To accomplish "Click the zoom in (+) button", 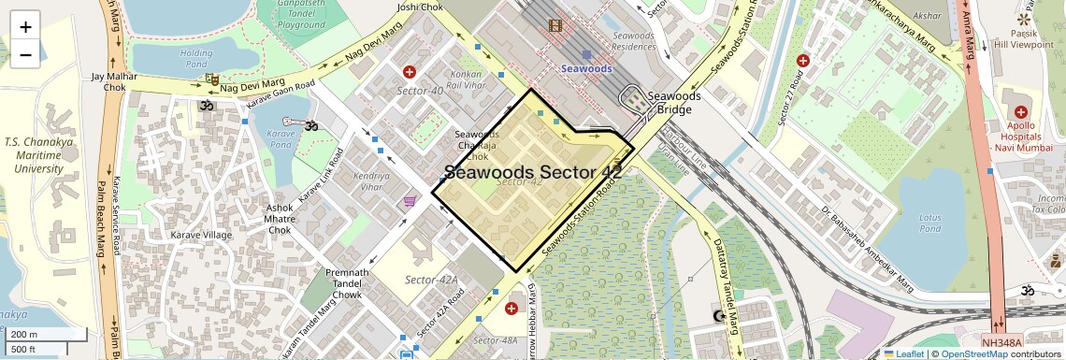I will (x=25, y=27).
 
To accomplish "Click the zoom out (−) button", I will (x=25, y=54).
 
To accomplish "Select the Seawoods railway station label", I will (x=586, y=68).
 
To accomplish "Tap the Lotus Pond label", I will (x=929, y=223).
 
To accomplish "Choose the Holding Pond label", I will (x=196, y=58).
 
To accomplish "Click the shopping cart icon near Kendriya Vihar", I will (x=410, y=201).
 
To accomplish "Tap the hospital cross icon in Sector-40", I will (x=409, y=72).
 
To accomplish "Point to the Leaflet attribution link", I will (x=903, y=353).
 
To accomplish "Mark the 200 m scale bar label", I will (x=24, y=334).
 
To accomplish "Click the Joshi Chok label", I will (x=419, y=7).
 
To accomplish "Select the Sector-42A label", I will (x=431, y=280).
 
